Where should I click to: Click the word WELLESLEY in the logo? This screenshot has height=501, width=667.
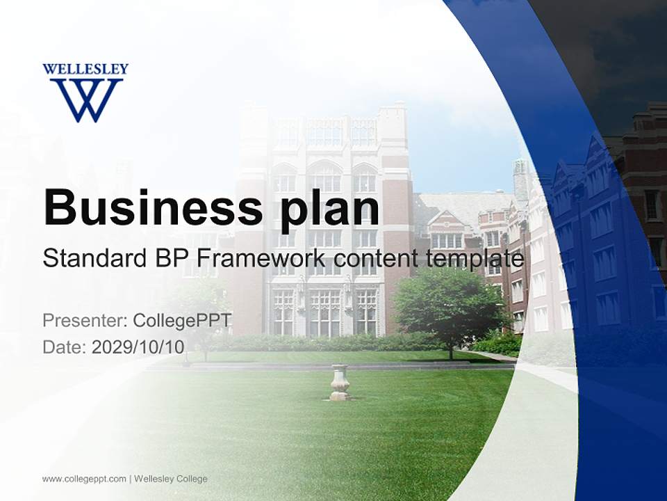pos(85,70)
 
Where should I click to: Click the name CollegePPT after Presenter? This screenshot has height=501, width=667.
pos(182,321)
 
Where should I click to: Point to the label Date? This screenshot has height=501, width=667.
pos(65,347)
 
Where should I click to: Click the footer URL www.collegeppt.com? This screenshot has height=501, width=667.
pos(84,479)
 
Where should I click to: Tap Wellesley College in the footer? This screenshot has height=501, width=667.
pos(171,479)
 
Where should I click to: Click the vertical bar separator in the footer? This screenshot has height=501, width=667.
pos(130,479)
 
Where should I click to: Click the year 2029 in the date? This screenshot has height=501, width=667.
pos(110,347)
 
